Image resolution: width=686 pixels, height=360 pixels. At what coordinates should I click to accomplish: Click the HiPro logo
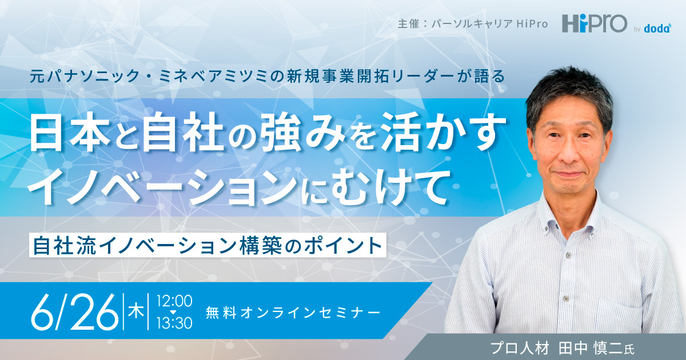pyautogui.click(x=595, y=24)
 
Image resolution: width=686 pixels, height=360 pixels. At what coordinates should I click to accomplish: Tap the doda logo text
pyautogui.click(x=657, y=29)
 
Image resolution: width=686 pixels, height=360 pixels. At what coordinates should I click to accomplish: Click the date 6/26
pyautogui.click(x=75, y=312)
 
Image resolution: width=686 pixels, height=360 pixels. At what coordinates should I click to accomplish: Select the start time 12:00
pyautogui.click(x=174, y=301)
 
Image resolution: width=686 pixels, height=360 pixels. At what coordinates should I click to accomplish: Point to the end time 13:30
pyautogui.click(x=174, y=323)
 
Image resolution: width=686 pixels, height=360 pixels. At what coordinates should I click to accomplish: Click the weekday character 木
pyautogui.click(x=136, y=311)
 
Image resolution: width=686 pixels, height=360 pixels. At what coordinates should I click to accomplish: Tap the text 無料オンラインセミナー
pyautogui.click(x=293, y=313)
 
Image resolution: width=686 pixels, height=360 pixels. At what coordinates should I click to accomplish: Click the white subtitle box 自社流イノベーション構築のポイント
pyautogui.click(x=208, y=246)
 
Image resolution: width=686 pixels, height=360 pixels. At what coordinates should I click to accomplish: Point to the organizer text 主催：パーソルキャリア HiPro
pyautogui.click(x=473, y=24)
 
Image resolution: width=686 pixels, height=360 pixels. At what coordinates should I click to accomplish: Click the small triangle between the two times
pyautogui.click(x=173, y=312)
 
